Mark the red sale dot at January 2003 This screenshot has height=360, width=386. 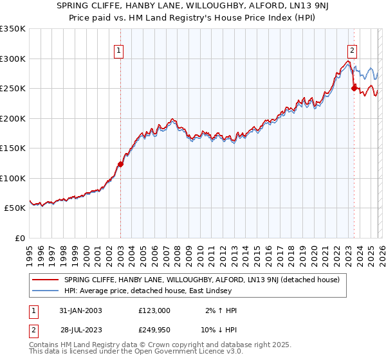click(120, 164)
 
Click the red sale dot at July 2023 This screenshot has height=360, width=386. click(354, 89)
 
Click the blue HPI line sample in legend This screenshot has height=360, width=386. click(45, 291)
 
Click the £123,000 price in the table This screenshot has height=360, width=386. click(154, 310)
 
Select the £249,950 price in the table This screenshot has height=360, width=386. click(154, 330)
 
